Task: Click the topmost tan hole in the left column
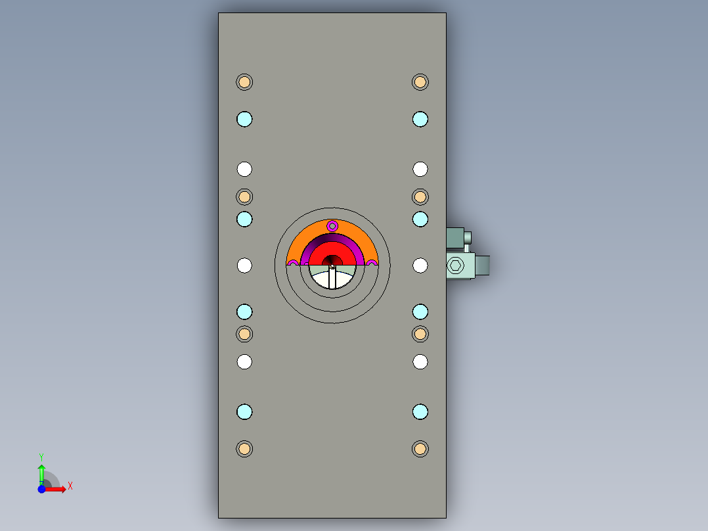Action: click(x=244, y=82)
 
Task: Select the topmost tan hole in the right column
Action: click(x=420, y=82)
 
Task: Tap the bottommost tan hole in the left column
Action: click(x=244, y=449)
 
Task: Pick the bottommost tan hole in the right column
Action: click(x=420, y=449)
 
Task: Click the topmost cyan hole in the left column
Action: click(x=244, y=119)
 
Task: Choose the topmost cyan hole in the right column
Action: click(x=420, y=119)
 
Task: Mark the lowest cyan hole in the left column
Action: click(x=244, y=412)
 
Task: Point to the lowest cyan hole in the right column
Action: click(x=420, y=412)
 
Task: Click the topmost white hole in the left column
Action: click(x=244, y=169)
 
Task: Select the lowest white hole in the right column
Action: click(x=420, y=361)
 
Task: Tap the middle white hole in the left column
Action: click(x=244, y=265)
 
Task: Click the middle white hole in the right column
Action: click(x=420, y=265)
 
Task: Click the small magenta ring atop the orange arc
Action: click(x=332, y=226)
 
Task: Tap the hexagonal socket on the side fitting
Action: click(x=455, y=266)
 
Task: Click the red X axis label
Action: click(x=70, y=486)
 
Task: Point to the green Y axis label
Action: click(x=41, y=456)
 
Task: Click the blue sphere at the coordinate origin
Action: click(x=41, y=489)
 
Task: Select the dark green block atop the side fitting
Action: click(x=458, y=237)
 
